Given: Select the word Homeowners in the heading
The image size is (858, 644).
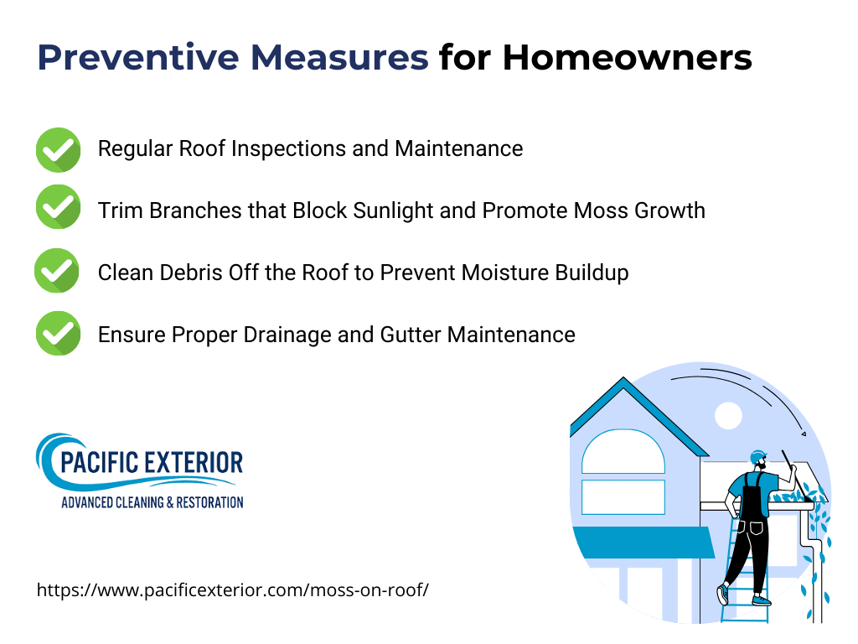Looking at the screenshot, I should click(x=627, y=59).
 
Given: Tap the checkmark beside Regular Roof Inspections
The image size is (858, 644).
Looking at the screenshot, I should click(x=58, y=149).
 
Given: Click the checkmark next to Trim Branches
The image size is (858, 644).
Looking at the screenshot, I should click(x=58, y=210).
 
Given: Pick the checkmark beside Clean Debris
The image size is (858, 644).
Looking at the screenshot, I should click(x=58, y=272).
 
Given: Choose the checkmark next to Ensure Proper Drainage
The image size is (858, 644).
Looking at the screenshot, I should click(x=58, y=334).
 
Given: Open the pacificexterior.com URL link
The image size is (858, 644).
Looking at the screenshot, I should click(x=233, y=589).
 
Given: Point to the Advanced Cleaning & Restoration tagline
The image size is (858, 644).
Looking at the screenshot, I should click(x=152, y=502).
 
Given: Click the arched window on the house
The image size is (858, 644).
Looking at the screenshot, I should click(x=623, y=453).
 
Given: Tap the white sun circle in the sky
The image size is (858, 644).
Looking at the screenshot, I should click(x=728, y=415).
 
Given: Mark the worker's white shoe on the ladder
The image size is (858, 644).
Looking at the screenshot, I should click(x=722, y=594).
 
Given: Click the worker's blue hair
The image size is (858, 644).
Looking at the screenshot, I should click(x=757, y=453).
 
